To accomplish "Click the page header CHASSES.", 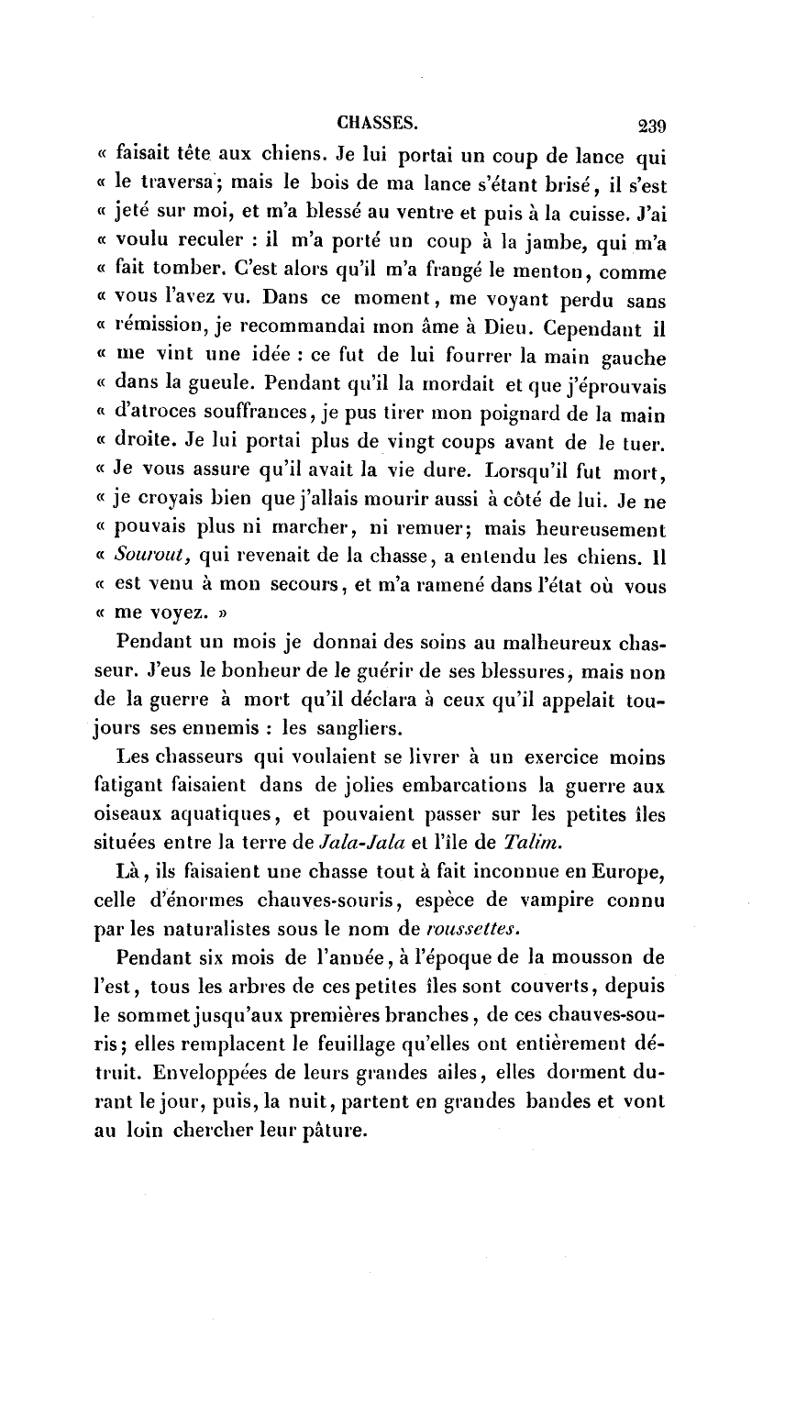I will (x=377, y=121).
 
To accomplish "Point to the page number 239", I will (x=646, y=125).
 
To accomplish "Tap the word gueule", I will (x=224, y=386).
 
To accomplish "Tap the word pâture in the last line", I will (x=334, y=1132).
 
